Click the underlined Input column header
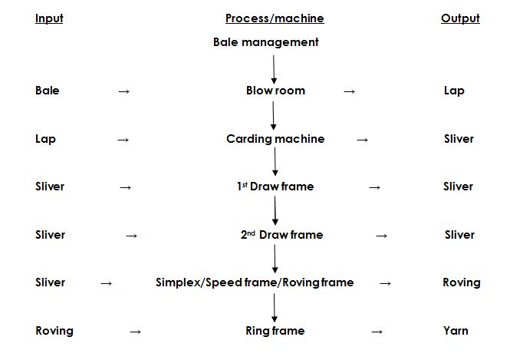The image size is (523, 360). coord(49,18)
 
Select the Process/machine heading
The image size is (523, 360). coord(275,18)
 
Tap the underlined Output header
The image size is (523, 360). coord(460,18)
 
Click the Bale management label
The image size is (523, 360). coord(265,42)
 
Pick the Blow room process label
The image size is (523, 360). coord(275,91)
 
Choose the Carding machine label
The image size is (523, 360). coord(275,139)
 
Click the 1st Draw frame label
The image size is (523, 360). coord(275,187)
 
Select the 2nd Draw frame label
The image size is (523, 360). coord(281,235)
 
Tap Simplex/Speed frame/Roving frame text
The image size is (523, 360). coord(255,282)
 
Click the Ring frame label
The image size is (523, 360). coord(275,331)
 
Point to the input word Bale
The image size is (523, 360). coord(47,91)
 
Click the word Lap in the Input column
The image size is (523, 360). coord(45,139)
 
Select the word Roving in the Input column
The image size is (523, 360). coord(54,331)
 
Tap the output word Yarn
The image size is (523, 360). coord(456,331)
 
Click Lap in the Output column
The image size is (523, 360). coord(454,91)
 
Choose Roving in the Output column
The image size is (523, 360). coord(462,282)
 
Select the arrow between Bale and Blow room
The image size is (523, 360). coord(123,91)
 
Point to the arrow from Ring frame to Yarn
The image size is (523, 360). coord(377,332)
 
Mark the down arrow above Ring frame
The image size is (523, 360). coord(274,307)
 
